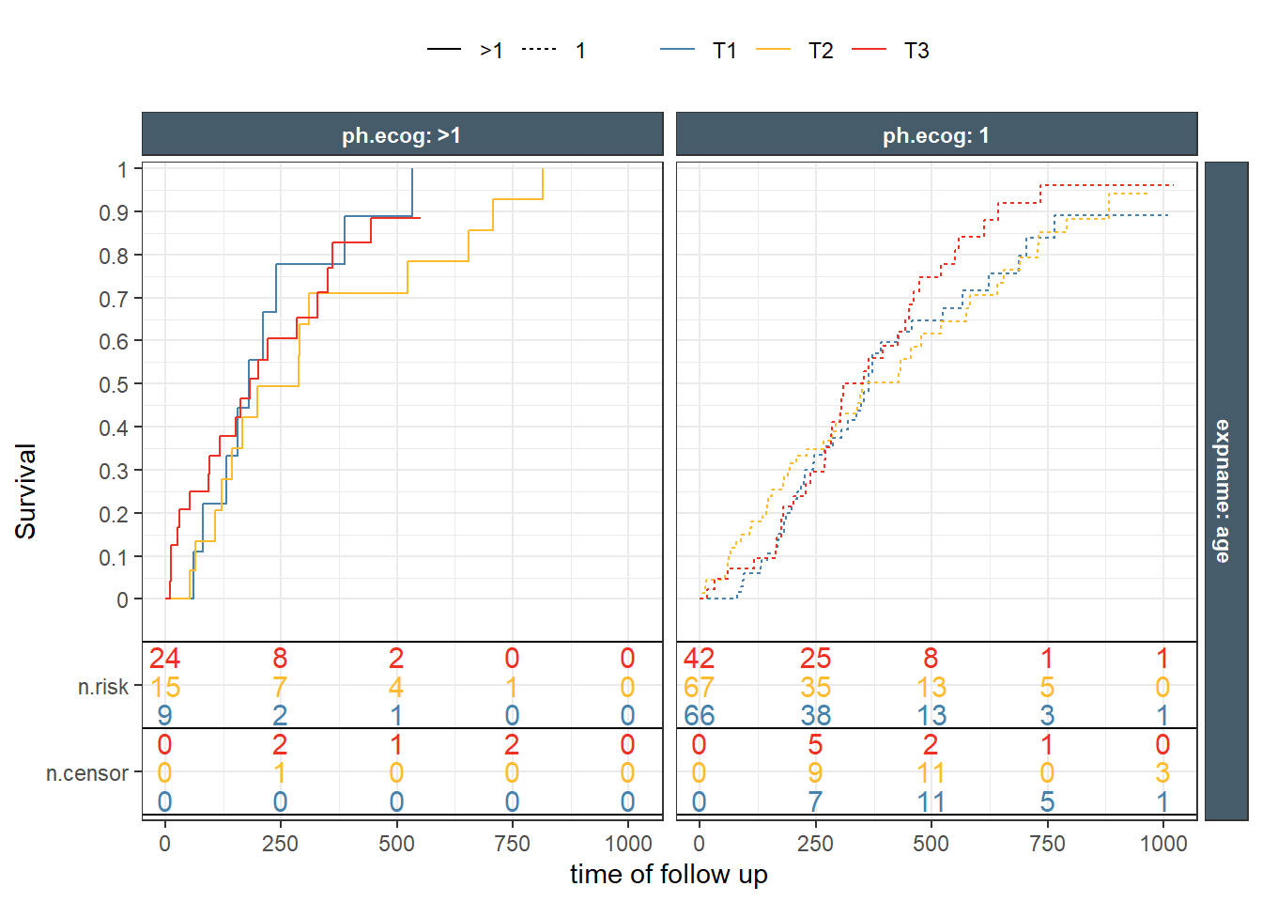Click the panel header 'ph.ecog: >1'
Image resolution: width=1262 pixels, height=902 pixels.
pos(402,135)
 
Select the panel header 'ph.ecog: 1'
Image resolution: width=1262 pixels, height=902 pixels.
pos(935,135)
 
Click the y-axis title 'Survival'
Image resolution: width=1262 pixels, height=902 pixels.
pos(26,490)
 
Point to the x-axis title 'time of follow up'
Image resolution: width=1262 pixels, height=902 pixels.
pos(669,874)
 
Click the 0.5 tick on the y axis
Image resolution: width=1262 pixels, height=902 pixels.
pos(114,384)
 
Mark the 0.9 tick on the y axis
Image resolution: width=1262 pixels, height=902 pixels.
pos(114,212)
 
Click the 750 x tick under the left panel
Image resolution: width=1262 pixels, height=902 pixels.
pos(512,843)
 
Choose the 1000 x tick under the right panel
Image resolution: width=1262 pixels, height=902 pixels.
pos(1162,843)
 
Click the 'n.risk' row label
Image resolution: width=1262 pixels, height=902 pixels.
pos(103,687)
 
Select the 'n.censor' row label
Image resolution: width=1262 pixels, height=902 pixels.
pos(87,773)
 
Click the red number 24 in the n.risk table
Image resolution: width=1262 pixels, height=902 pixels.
pos(164,658)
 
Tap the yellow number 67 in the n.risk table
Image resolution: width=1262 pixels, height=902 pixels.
pos(699,687)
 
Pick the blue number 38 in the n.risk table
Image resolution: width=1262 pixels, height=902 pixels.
pos(815,716)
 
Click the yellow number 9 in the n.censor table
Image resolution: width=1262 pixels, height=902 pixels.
pos(815,773)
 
